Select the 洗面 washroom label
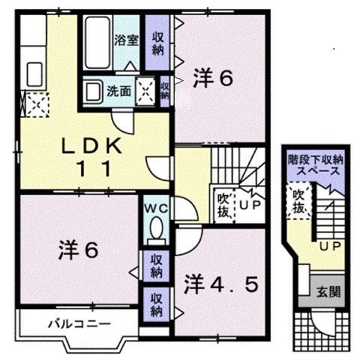118,92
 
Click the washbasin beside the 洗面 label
93,92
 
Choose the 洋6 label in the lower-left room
77,250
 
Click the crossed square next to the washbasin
146,91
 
